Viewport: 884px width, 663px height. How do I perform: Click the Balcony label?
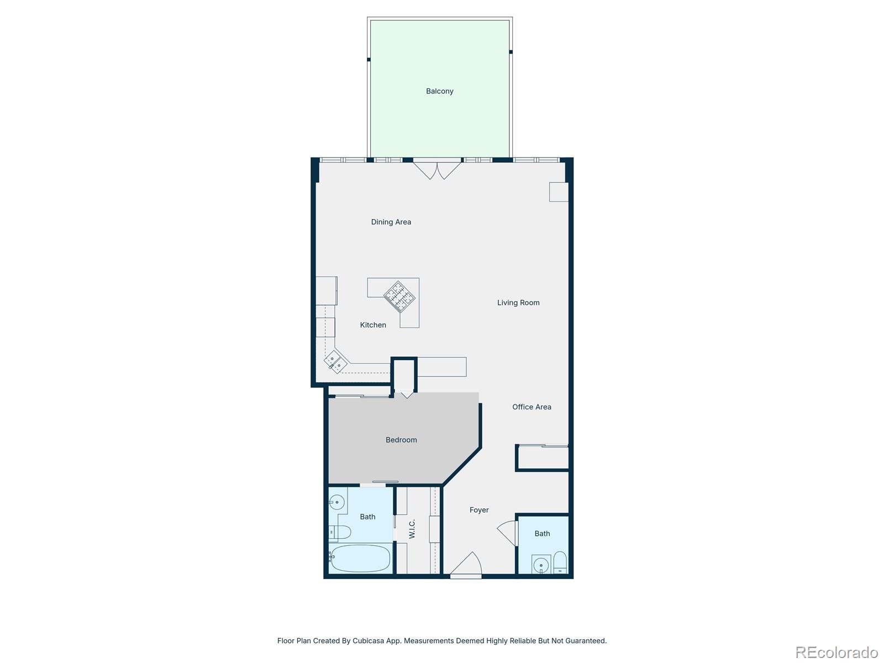pyautogui.click(x=439, y=91)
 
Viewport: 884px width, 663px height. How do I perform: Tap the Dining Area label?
pyautogui.click(x=391, y=222)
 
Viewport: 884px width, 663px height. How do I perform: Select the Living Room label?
pyautogui.click(x=518, y=303)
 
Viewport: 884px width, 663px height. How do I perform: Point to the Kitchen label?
pyautogui.click(x=373, y=325)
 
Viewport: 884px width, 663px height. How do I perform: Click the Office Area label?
pyautogui.click(x=532, y=407)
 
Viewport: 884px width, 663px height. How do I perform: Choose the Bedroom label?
pyautogui.click(x=401, y=440)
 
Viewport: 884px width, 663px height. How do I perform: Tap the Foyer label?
pyautogui.click(x=479, y=510)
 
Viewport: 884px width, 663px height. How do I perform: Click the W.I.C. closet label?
pyautogui.click(x=412, y=529)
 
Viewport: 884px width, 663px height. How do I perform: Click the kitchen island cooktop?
pyautogui.click(x=399, y=297)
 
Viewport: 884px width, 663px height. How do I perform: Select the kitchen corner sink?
pyautogui.click(x=335, y=362)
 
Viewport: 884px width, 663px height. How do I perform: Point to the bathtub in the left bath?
pyautogui.click(x=360, y=558)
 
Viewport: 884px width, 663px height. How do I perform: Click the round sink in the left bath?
pyautogui.click(x=336, y=503)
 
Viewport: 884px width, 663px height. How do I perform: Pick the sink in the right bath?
pyautogui.click(x=541, y=565)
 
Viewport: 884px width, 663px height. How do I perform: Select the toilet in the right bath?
pyautogui.click(x=560, y=562)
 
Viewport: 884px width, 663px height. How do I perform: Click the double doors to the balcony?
pyautogui.click(x=437, y=169)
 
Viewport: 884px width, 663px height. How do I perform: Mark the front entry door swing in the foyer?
pyautogui.click(x=466, y=564)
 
